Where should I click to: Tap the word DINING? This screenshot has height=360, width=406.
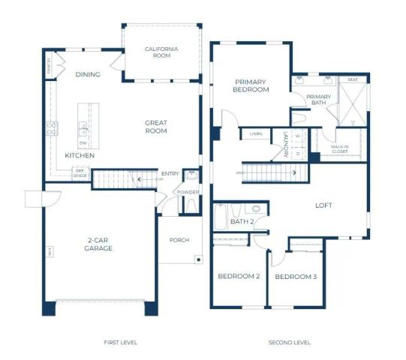pos(87,74)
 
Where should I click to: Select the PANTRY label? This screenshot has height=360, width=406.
pos(50,67)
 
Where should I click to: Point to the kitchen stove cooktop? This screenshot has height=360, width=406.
pos(52,128)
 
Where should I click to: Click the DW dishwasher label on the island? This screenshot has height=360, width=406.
pos(83,142)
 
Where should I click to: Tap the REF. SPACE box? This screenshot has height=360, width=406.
pos(79,172)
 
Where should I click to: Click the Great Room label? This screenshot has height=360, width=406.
pos(156,127)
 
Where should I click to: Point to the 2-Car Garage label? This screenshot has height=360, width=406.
pos(98,244)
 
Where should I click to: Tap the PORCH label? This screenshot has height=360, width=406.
pos(179,240)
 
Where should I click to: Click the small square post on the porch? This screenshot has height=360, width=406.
pos(197,259)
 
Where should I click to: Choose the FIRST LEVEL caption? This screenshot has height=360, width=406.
pos(120,342)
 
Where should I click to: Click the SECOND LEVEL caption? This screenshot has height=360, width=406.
pos(290,342)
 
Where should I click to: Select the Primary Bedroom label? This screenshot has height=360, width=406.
pos(251,85)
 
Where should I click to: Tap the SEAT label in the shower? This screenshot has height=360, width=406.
pos(352,79)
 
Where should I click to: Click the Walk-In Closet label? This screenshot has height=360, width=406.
pos(339,149)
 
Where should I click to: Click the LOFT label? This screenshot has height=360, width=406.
pos(323,205)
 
